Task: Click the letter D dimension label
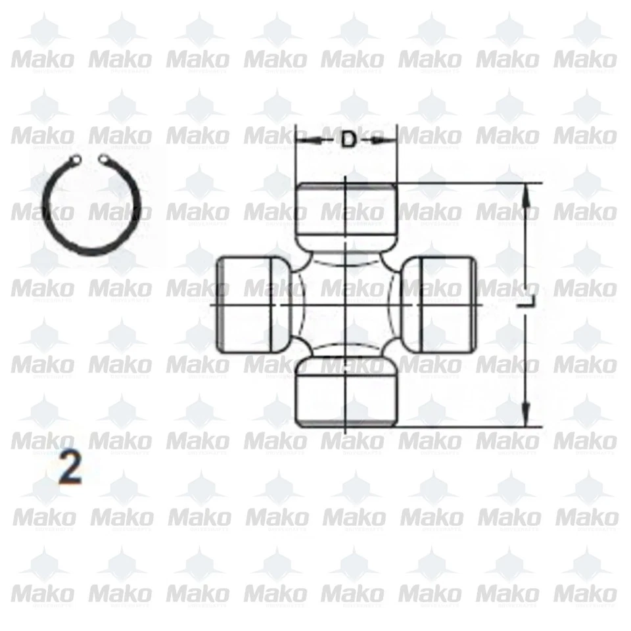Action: (348, 139)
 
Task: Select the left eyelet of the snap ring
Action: (78, 159)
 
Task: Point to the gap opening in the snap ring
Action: (89, 159)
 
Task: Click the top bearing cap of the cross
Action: (346, 214)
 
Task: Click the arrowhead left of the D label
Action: (304, 139)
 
